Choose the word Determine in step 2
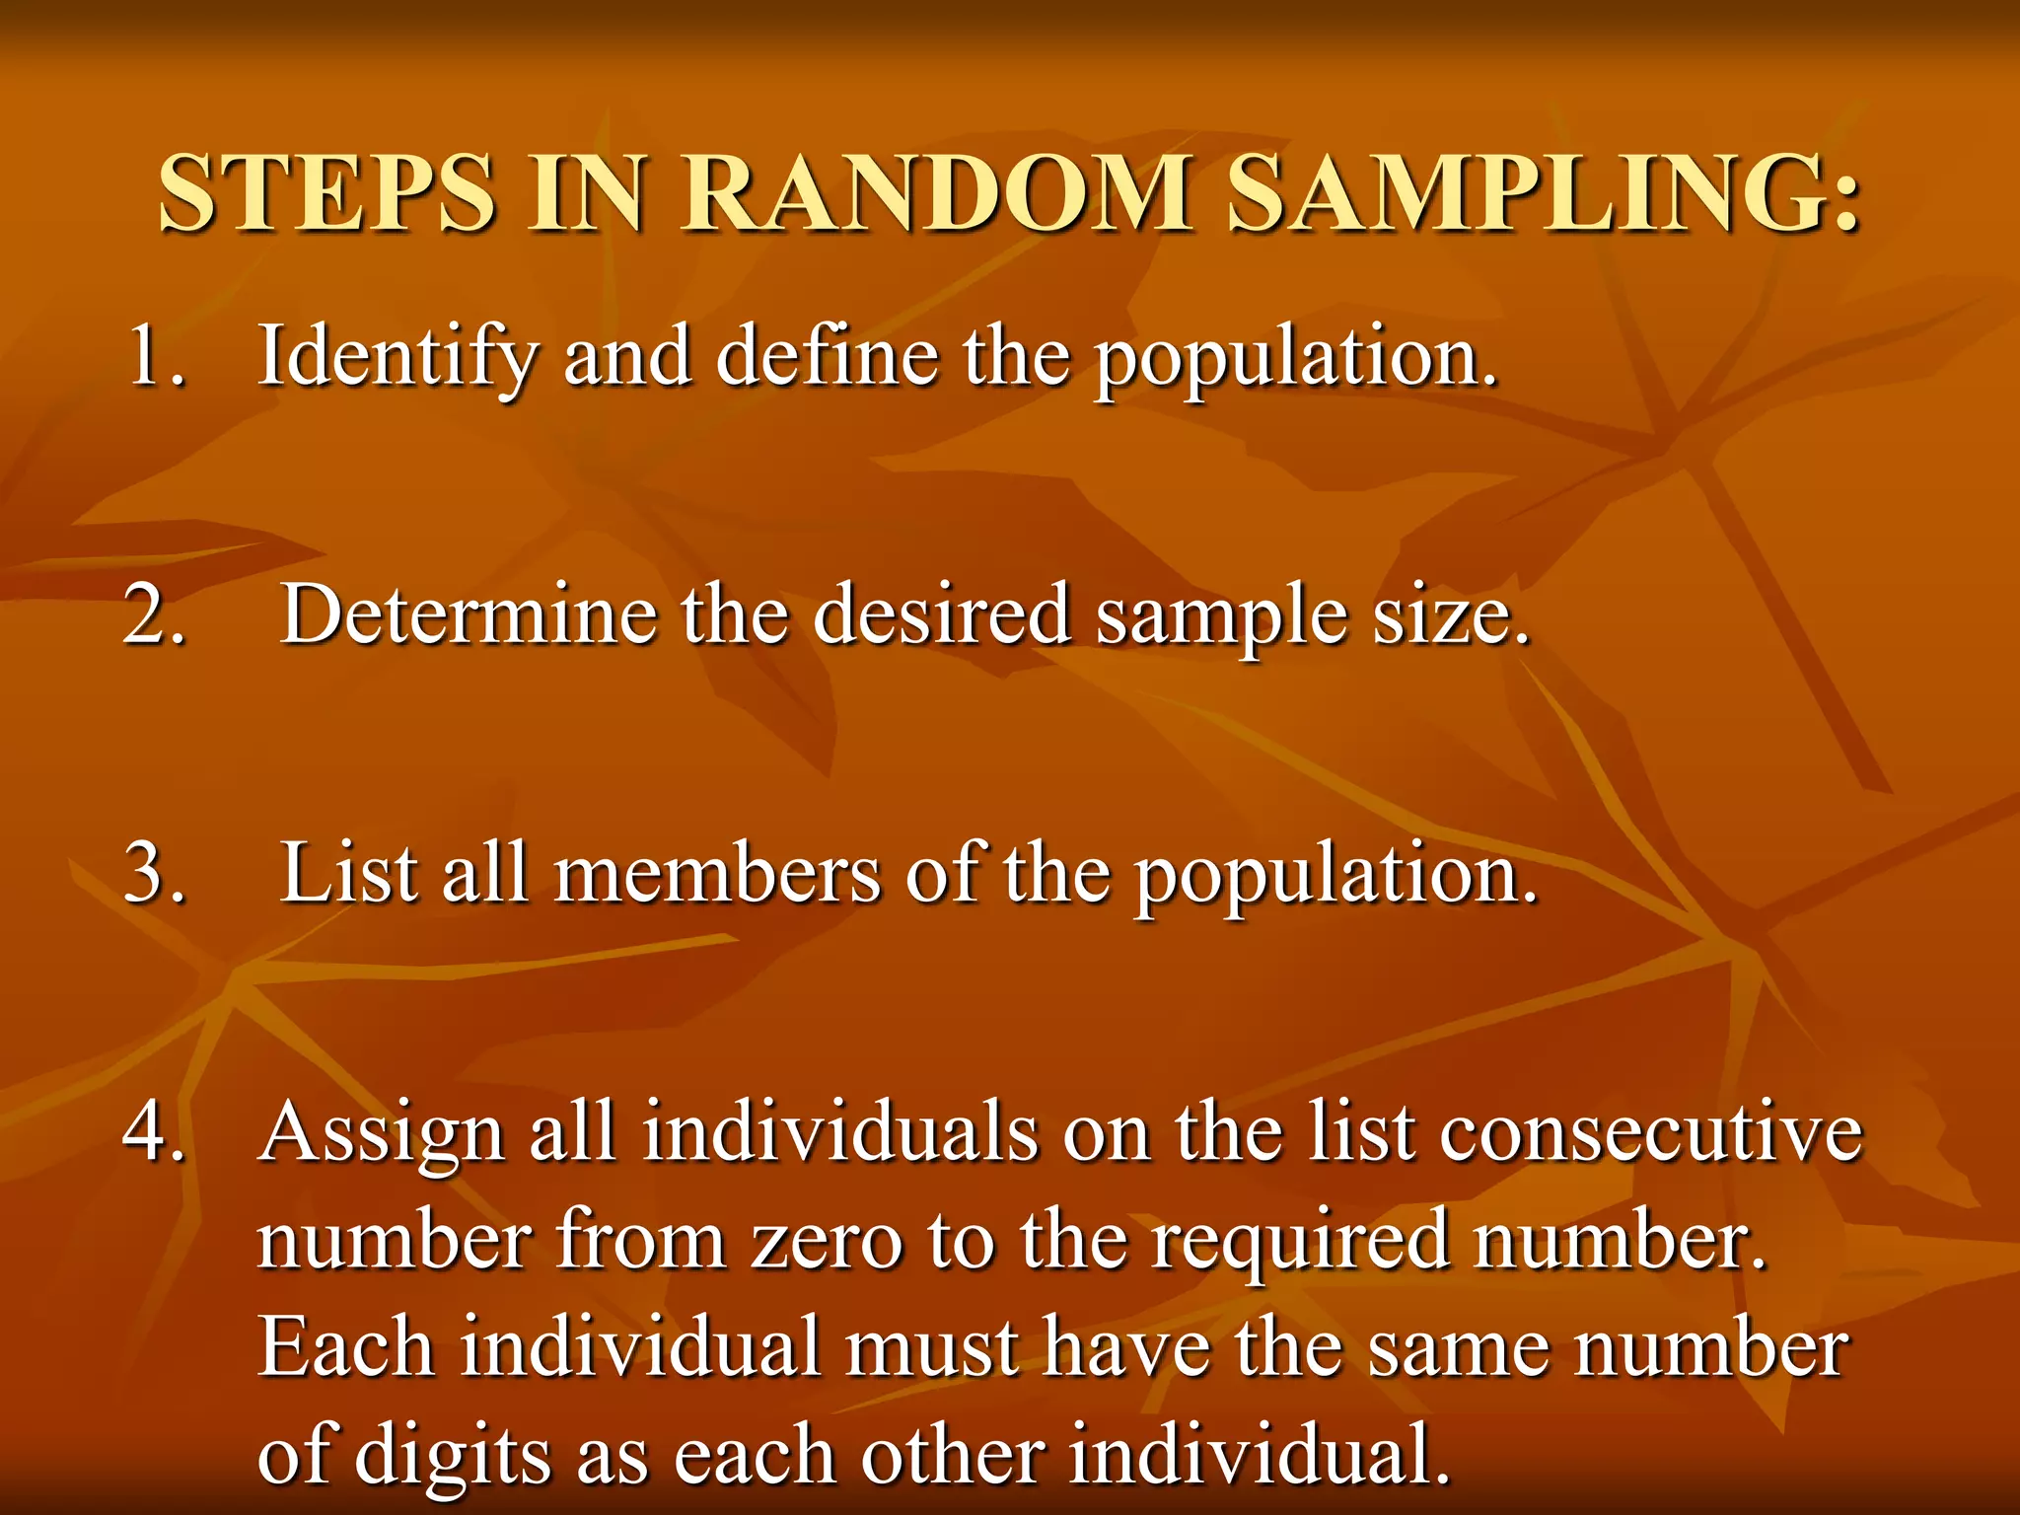[x=469, y=613]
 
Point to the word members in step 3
[x=717, y=873]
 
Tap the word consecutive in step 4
[x=1650, y=1131]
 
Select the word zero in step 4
[x=827, y=1240]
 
